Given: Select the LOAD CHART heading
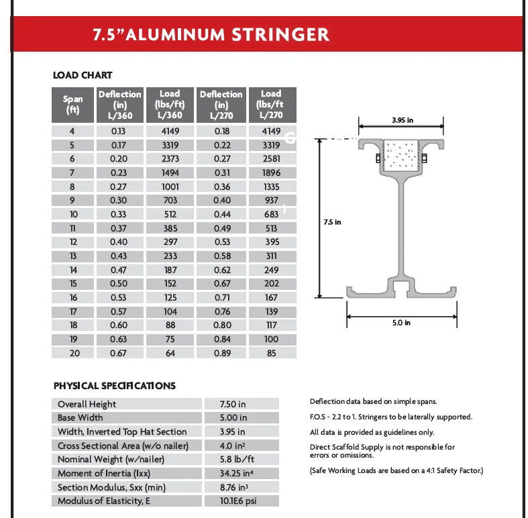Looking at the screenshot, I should tap(83, 75).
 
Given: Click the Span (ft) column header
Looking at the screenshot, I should tap(73, 104).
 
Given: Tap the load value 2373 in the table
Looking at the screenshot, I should tap(170, 159).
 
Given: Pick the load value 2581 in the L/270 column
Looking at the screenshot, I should tap(271, 159).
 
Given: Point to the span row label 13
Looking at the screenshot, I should tap(73, 256).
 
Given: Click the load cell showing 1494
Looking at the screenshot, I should tap(170, 173).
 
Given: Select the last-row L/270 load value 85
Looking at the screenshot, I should tap(271, 353).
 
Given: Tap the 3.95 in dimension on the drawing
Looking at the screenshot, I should tap(402, 121).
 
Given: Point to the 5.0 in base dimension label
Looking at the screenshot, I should tap(401, 323).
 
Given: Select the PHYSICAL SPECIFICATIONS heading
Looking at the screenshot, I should tap(114, 386).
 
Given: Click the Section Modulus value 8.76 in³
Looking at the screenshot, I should tap(233, 487).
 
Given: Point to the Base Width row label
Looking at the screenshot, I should tap(81, 418).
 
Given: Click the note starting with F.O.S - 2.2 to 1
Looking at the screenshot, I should tap(390, 417).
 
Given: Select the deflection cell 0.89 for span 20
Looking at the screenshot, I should tap(221, 353).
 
